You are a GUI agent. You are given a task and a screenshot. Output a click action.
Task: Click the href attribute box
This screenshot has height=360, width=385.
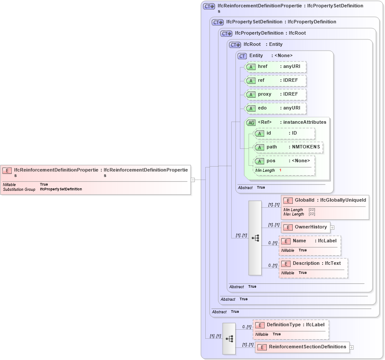point(276,67)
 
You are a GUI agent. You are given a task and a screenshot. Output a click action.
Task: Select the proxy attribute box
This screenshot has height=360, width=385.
point(276,94)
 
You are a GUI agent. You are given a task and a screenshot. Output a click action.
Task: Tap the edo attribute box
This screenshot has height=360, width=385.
point(276,108)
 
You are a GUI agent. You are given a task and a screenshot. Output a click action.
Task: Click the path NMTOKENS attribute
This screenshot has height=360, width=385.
point(288,147)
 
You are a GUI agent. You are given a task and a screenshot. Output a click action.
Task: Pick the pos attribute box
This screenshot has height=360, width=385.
point(284,161)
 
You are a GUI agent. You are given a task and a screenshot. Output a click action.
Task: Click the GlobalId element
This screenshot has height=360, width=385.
point(325,200)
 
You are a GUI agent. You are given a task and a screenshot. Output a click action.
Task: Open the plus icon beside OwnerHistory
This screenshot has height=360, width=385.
point(333,227)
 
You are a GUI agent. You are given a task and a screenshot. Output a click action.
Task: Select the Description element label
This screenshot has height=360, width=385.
point(312,264)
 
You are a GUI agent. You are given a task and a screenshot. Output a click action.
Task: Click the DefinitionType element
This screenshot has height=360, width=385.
point(291,325)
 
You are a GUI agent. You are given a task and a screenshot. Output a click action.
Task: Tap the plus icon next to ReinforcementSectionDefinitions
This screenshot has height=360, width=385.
point(352,347)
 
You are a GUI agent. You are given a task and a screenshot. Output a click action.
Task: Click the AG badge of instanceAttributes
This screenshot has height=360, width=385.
point(251,123)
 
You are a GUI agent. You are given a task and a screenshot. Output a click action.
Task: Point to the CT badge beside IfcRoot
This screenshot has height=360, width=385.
point(235,45)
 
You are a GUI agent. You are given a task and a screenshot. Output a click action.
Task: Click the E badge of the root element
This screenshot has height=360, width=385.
point(7,170)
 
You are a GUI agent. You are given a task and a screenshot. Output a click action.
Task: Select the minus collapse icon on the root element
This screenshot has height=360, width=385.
point(193,180)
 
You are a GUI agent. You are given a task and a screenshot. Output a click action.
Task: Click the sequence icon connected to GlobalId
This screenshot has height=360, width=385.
point(255,238)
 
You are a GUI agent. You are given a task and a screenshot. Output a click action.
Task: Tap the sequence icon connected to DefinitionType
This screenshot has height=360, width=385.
point(229,339)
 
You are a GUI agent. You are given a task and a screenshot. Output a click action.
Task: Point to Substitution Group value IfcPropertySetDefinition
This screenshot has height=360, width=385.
point(61,189)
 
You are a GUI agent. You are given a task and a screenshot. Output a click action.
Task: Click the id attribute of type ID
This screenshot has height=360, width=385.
point(284,133)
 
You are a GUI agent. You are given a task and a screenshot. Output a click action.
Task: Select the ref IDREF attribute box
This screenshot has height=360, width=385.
point(276,80)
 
